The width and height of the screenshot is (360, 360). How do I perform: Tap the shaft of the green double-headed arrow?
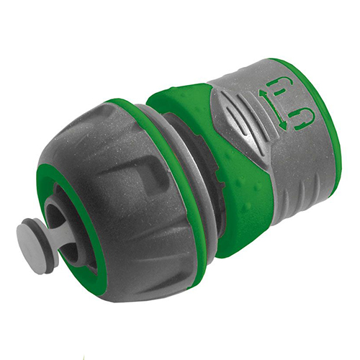point(274,109)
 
